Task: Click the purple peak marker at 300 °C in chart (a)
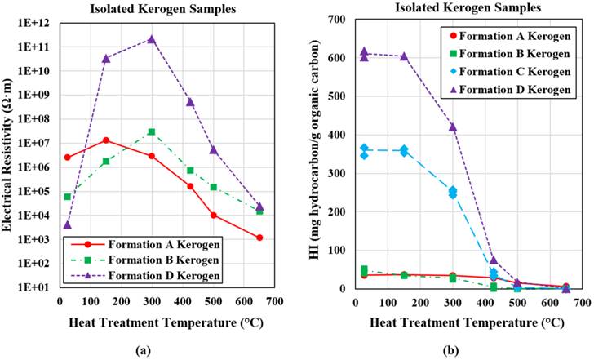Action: (x=152, y=39)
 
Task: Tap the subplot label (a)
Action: (x=144, y=349)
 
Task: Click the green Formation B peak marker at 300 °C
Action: (x=152, y=131)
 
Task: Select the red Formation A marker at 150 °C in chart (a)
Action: (x=106, y=140)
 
